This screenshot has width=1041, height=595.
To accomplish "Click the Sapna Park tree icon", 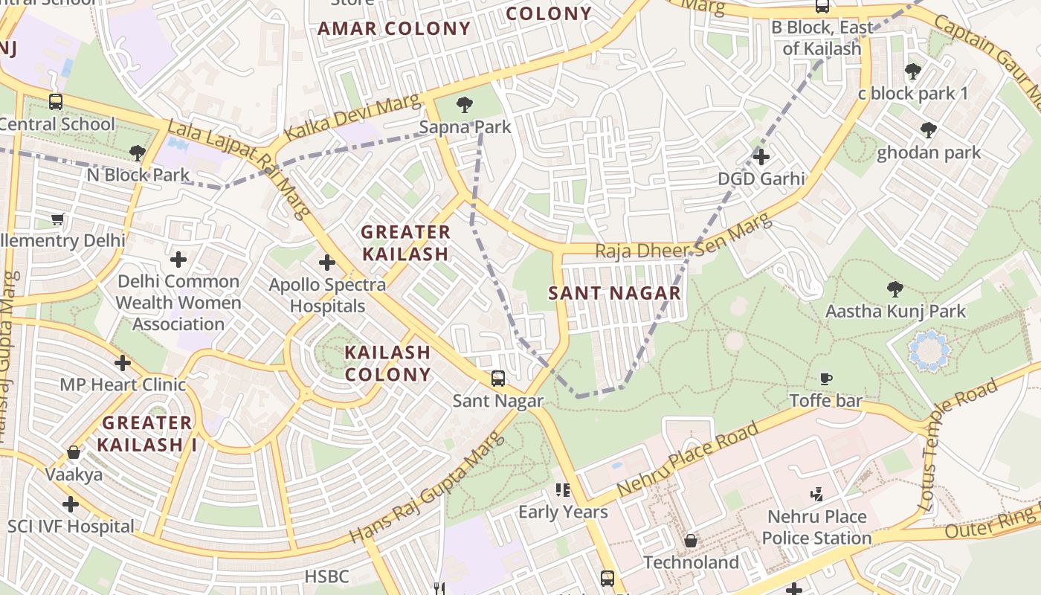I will pyautogui.click(x=465, y=105).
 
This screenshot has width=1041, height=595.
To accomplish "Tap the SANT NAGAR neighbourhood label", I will pyautogui.click(x=615, y=293).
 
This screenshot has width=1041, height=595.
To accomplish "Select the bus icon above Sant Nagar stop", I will pyautogui.click(x=498, y=379).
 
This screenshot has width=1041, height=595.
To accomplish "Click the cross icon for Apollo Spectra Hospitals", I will pyautogui.click(x=326, y=263).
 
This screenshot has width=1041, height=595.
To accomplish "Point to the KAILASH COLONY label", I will pyautogui.click(x=387, y=363).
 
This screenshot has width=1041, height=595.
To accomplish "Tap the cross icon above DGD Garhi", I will pyautogui.click(x=761, y=157).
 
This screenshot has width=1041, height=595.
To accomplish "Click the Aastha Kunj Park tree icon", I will pyautogui.click(x=895, y=289).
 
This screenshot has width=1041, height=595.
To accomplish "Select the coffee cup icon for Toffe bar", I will pyautogui.click(x=825, y=379).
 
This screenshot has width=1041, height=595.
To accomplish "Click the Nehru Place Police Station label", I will pyautogui.click(x=816, y=527).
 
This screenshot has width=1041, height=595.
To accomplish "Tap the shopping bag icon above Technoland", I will pyautogui.click(x=691, y=541).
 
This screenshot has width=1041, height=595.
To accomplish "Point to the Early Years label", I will pyautogui.click(x=563, y=512).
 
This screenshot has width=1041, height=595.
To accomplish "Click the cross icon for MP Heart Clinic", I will pyautogui.click(x=123, y=363).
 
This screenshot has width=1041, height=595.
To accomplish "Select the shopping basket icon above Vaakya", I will pyautogui.click(x=74, y=452).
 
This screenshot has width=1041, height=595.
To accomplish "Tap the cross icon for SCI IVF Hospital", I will pyautogui.click(x=71, y=505).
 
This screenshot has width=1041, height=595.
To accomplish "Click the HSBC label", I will pyautogui.click(x=326, y=576).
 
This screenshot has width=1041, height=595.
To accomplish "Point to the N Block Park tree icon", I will pyautogui.click(x=137, y=153).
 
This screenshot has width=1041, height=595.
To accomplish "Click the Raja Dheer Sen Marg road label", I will pyautogui.click(x=684, y=239).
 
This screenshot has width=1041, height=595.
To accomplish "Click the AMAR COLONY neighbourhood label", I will pyautogui.click(x=394, y=29).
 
